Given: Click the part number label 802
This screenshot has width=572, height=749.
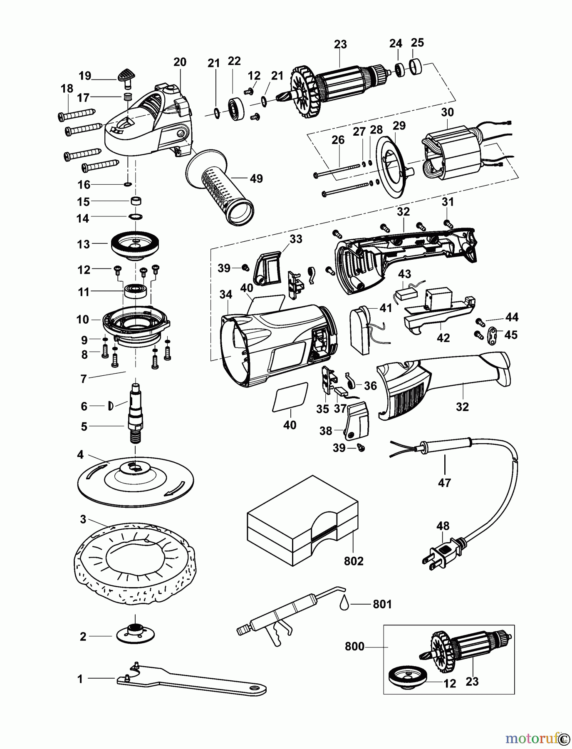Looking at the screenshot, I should tap(354, 561).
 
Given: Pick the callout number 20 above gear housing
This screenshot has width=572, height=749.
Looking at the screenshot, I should tap(180, 62).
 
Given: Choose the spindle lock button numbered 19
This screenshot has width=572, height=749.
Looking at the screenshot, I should tap(125, 77).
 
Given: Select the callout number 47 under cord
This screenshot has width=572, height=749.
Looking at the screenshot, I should tap(444, 483).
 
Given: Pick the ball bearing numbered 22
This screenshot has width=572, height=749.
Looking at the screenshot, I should tap(238, 109).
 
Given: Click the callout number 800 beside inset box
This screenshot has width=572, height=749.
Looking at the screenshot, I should tap(354, 647).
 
